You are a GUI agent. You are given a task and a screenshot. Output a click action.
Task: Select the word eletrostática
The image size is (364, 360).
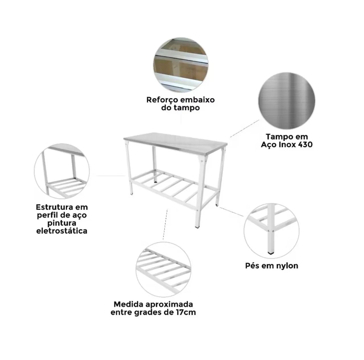tap(62, 231)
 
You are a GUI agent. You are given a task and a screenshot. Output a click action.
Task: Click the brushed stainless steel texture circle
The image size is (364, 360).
tap(287, 101)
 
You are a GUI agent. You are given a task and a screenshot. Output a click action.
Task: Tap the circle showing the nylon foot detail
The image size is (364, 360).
tap(272, 231)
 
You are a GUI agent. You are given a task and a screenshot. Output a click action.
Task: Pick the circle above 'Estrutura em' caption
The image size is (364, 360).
tap(62, 171)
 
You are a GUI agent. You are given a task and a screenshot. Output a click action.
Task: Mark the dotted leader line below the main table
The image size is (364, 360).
tap(165, 224)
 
